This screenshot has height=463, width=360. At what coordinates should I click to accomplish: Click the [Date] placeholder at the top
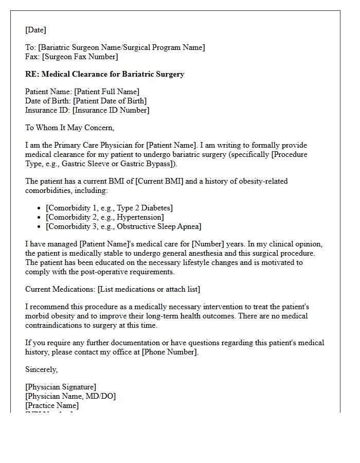tap(35, 30)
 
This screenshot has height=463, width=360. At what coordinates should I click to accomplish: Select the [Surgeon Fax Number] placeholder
tap(80, 57)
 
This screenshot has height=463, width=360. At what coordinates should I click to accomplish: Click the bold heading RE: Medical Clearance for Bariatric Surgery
tap(104, 74)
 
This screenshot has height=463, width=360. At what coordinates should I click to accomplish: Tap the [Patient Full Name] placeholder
tap(106, 92)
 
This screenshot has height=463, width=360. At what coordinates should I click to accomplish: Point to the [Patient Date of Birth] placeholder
tap(110, 101)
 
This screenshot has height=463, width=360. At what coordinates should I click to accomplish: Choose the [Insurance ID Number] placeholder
tap(111, 110)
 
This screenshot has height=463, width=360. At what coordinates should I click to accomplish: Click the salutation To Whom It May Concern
tap(69, 128)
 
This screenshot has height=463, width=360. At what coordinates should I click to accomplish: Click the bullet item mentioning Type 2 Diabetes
tap(109, 208)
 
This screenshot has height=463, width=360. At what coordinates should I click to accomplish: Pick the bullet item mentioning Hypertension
tap(105, 217)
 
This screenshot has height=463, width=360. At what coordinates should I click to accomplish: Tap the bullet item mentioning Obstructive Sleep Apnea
tap(123, 226)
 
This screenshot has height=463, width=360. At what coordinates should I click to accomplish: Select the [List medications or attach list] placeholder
tap(149, 289)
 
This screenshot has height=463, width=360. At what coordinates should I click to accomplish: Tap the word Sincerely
tap(41, 369)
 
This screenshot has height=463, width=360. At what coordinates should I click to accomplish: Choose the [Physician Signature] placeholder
tap(61, 387)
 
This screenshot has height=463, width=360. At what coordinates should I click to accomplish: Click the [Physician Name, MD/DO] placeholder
tap(70, 396)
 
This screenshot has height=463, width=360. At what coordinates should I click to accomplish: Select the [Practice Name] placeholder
tap(52, 405)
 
